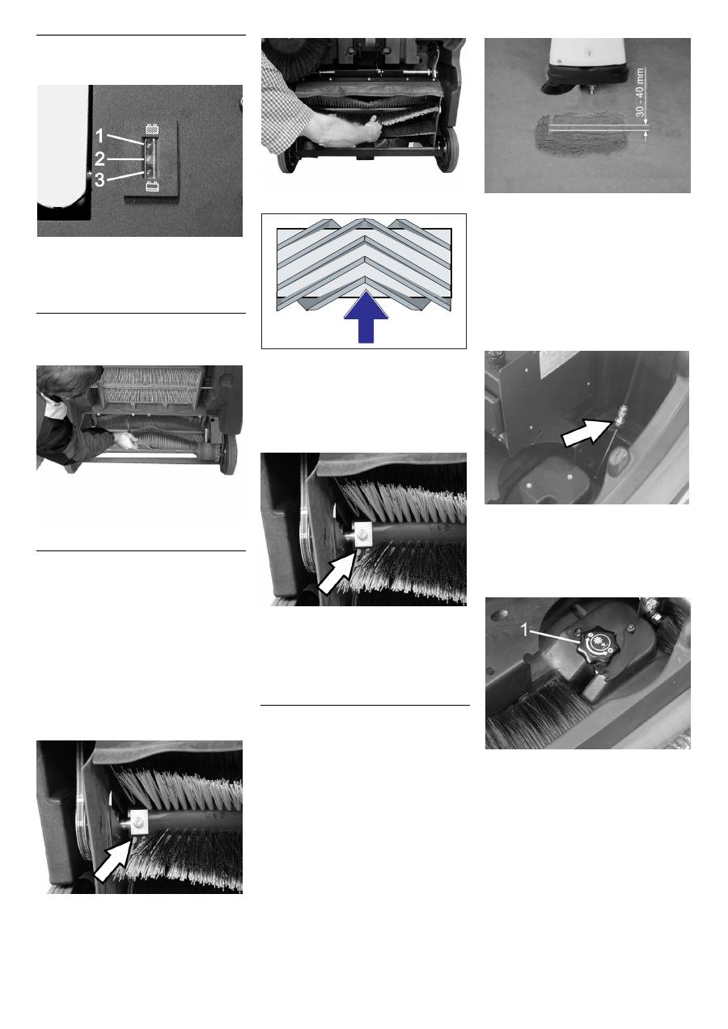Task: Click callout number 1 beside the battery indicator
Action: tap(99, 136)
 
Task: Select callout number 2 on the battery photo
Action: tap(99, 159)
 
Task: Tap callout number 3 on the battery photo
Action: tap(99, 179)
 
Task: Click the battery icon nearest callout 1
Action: tap(152, 129)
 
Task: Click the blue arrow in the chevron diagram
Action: tap(366, 317)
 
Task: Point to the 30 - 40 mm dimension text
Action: tap(640, 92)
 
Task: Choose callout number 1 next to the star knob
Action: tap(524, 630)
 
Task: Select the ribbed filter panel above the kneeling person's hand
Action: tap(151, 385)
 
